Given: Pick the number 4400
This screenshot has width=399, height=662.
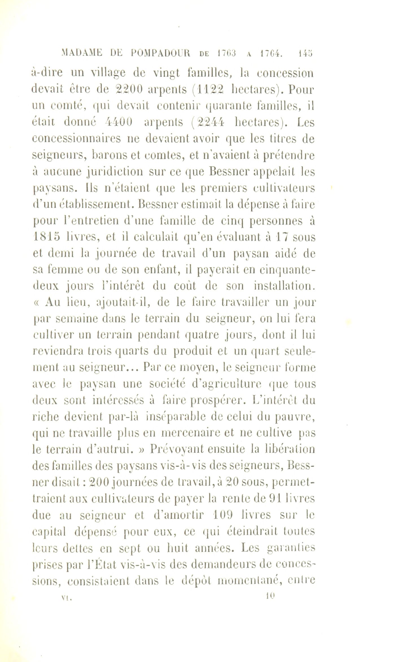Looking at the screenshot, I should point(119,122).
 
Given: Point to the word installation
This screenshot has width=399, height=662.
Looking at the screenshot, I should point(284,286).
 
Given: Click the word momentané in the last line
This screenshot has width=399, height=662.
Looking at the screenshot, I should point(250,581).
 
